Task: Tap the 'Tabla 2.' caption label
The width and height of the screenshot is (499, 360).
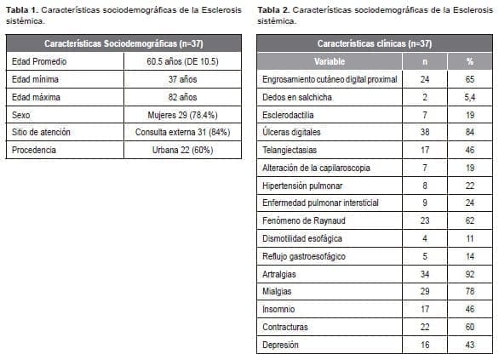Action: [x=274, y=9]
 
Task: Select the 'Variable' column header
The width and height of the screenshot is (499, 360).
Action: [x=329, y=61]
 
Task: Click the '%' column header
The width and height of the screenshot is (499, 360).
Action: [x=468, y=61]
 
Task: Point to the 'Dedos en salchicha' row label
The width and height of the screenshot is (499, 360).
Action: [x=297, y=97]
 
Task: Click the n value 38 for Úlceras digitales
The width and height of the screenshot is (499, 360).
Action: [x=424, y=133]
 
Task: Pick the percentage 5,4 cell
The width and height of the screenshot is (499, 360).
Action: [x=468, y=97]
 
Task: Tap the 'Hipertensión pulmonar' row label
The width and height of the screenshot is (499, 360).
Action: [x=302, y=186]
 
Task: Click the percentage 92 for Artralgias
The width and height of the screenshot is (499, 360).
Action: [x=468, y=274]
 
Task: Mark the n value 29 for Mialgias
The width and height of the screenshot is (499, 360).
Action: [x=424, y=292]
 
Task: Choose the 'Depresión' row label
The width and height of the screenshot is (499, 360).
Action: [x=283, y=345]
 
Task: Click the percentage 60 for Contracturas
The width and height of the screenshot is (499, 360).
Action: [x=468, y=327]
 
